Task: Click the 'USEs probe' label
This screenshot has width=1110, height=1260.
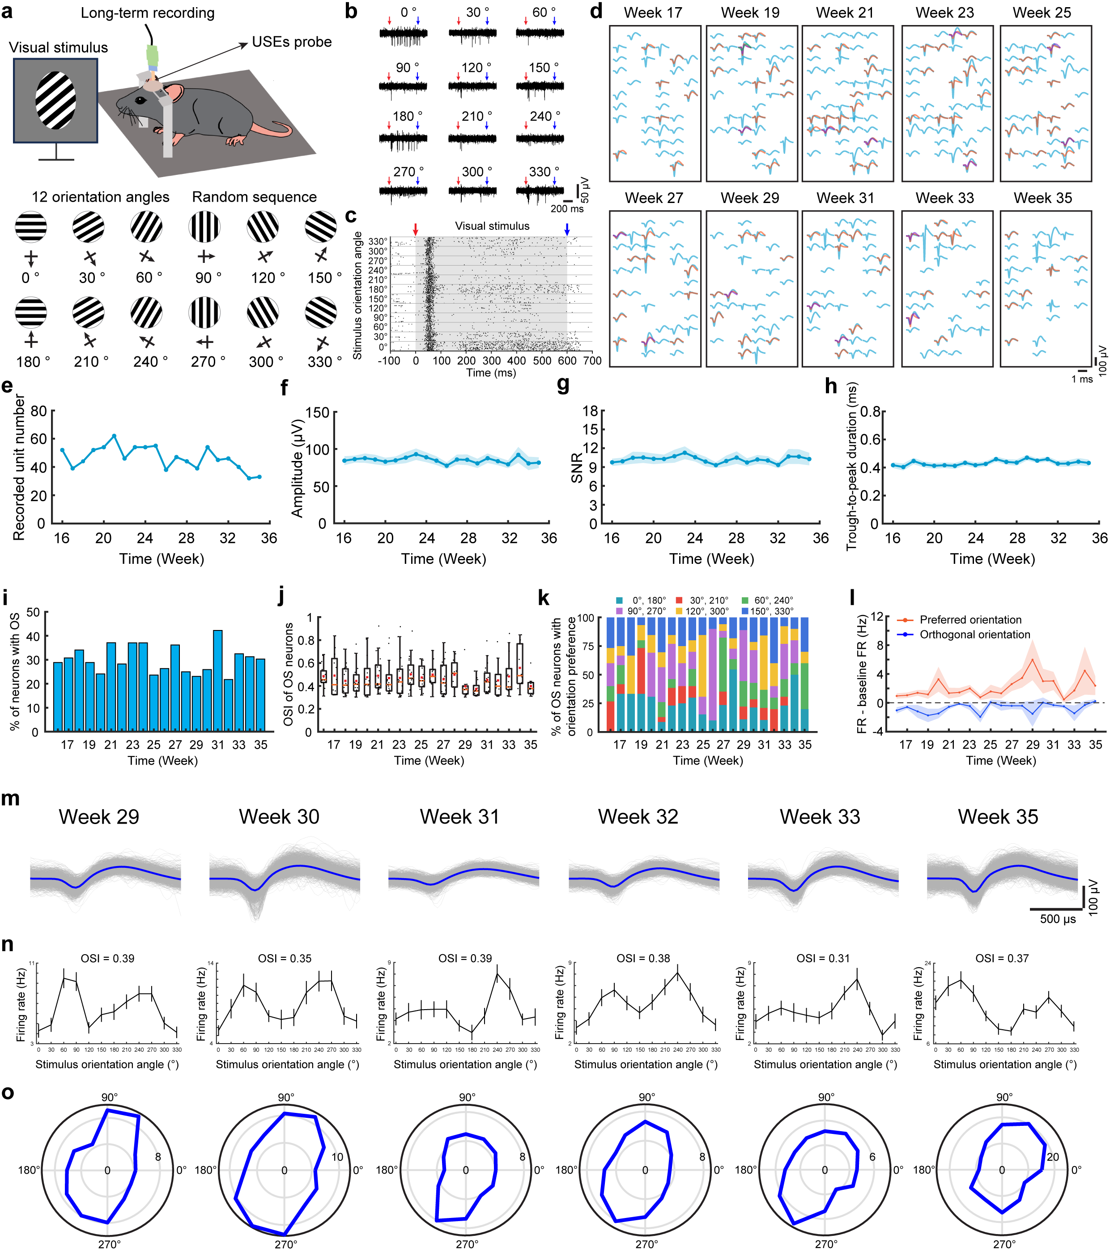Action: tap(292, 42)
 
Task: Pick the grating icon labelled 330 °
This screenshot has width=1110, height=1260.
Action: tap(321, 312)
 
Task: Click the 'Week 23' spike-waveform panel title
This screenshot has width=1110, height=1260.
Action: tap(945, 13)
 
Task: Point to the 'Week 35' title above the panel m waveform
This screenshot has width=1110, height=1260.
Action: tap(998, 817)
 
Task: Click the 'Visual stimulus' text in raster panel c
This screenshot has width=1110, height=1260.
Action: tap(492, 226)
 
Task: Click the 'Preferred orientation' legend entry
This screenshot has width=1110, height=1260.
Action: tap(970, 620)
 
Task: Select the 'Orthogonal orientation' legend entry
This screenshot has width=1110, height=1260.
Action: tap(975, 634)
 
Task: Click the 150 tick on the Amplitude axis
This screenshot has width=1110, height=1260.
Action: tap(316, 412)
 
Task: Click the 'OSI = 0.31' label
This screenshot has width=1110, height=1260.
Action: tap(823, 959)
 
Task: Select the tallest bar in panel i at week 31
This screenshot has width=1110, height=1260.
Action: tap(218, 681)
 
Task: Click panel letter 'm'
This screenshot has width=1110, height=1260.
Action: tap(10, 799)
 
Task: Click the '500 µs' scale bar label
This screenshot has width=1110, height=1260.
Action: tap(1058, 919)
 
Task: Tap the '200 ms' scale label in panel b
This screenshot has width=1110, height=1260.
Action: tap(567, 208)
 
